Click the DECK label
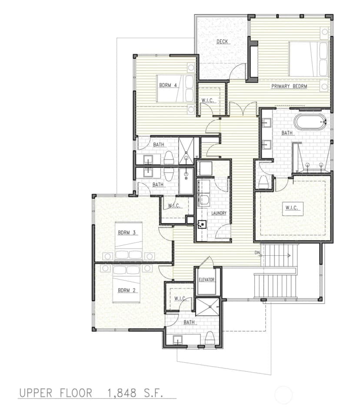pyautogui.click(x=222, y=41)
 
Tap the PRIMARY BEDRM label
pyautogui.click(x=289, y=86)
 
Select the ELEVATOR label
pyautogui.click(x=207, y=280)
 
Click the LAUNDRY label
pyautogui.click(x=219, y=213)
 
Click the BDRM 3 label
pyautogui.click(x=127, y=233)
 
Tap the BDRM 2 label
pyautogui.click(x=127, y=291)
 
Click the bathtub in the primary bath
pyautogui.click(x=310, y=121)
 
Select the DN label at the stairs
pyautogui.click(x=257, y=253)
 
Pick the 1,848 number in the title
pyautogui.click(x=122, y=393)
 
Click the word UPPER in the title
pyautogui.click(x=36, y=393)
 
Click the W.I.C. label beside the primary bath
pyautogui.click(x=292, y=207)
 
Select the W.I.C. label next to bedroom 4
pyautogui.click(x=207, y=100)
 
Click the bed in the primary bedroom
pyautogui.click(x=309, y=59)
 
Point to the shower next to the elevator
pyautogui.click(x=207, y=307)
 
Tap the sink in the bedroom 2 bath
pyautogui.click(x=178, y=340)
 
